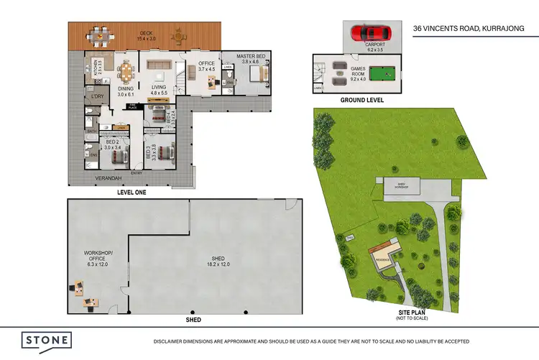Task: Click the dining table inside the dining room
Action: click(x=126, y=71)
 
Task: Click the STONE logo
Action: click(x=45, y=340)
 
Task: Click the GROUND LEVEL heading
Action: click(x=361, y=100)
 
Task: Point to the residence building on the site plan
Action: click(x=382, y=254)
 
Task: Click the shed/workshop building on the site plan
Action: click(x=396, y=185)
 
